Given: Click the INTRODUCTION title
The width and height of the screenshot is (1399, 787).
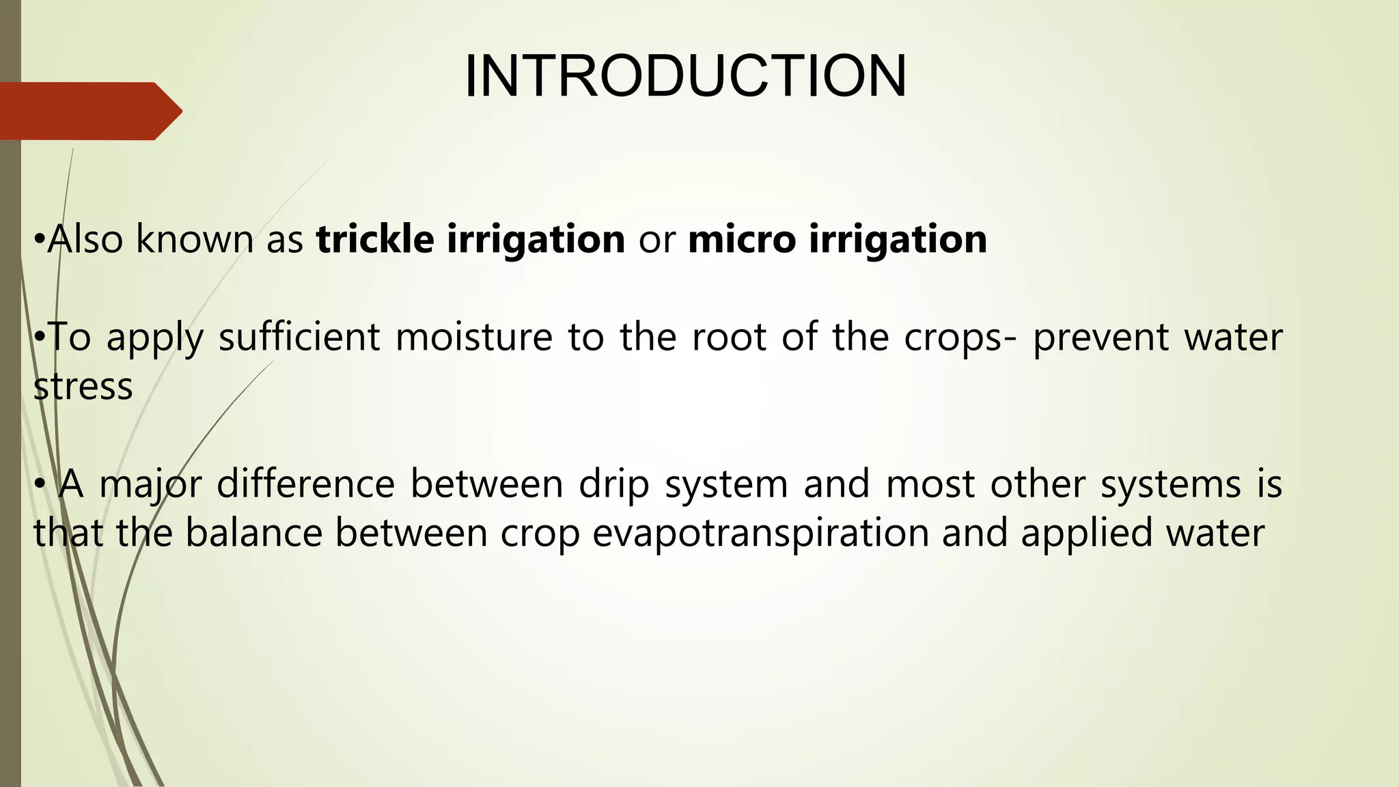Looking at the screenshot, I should pyautogui.click(x=685, y=76).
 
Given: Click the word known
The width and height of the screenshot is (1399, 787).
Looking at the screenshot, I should pyautogui.click(x=193, y=239).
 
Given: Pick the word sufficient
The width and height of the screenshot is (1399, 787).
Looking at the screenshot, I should pyautogui.click(x=299, y=337).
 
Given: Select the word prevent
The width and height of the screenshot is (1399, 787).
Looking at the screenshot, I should pyautogui.click(x=1100, y=338).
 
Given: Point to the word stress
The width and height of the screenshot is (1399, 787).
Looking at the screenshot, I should pyautogui.click(x=83, y=387).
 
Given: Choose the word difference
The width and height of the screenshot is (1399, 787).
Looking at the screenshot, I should pyautogui.click(x=305, y=484).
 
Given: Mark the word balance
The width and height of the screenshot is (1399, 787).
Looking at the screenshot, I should pyautogui.click(x=253, y=533).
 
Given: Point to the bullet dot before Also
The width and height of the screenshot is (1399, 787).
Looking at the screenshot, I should pyautogui.click(x=39, y=240).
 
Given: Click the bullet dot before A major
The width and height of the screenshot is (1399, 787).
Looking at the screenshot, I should pyautogui.click(x=40, y=485).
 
